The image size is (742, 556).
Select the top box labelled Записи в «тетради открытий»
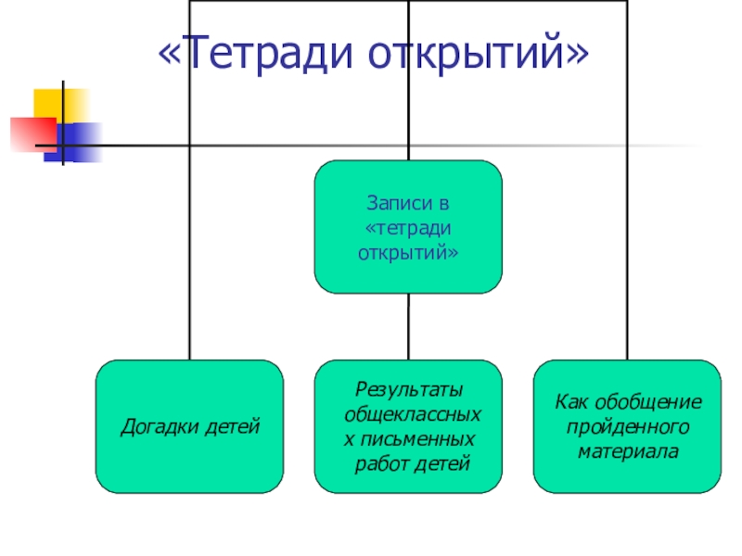[408, 227]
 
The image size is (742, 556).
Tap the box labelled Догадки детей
[190, 426]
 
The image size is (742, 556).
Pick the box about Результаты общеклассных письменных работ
[408, 426]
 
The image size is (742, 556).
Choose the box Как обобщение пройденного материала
[627, 426]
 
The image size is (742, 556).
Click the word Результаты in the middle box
[409, 388]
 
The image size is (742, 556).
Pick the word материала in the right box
[628, 452]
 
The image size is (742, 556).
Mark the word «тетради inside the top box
[408, 227]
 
